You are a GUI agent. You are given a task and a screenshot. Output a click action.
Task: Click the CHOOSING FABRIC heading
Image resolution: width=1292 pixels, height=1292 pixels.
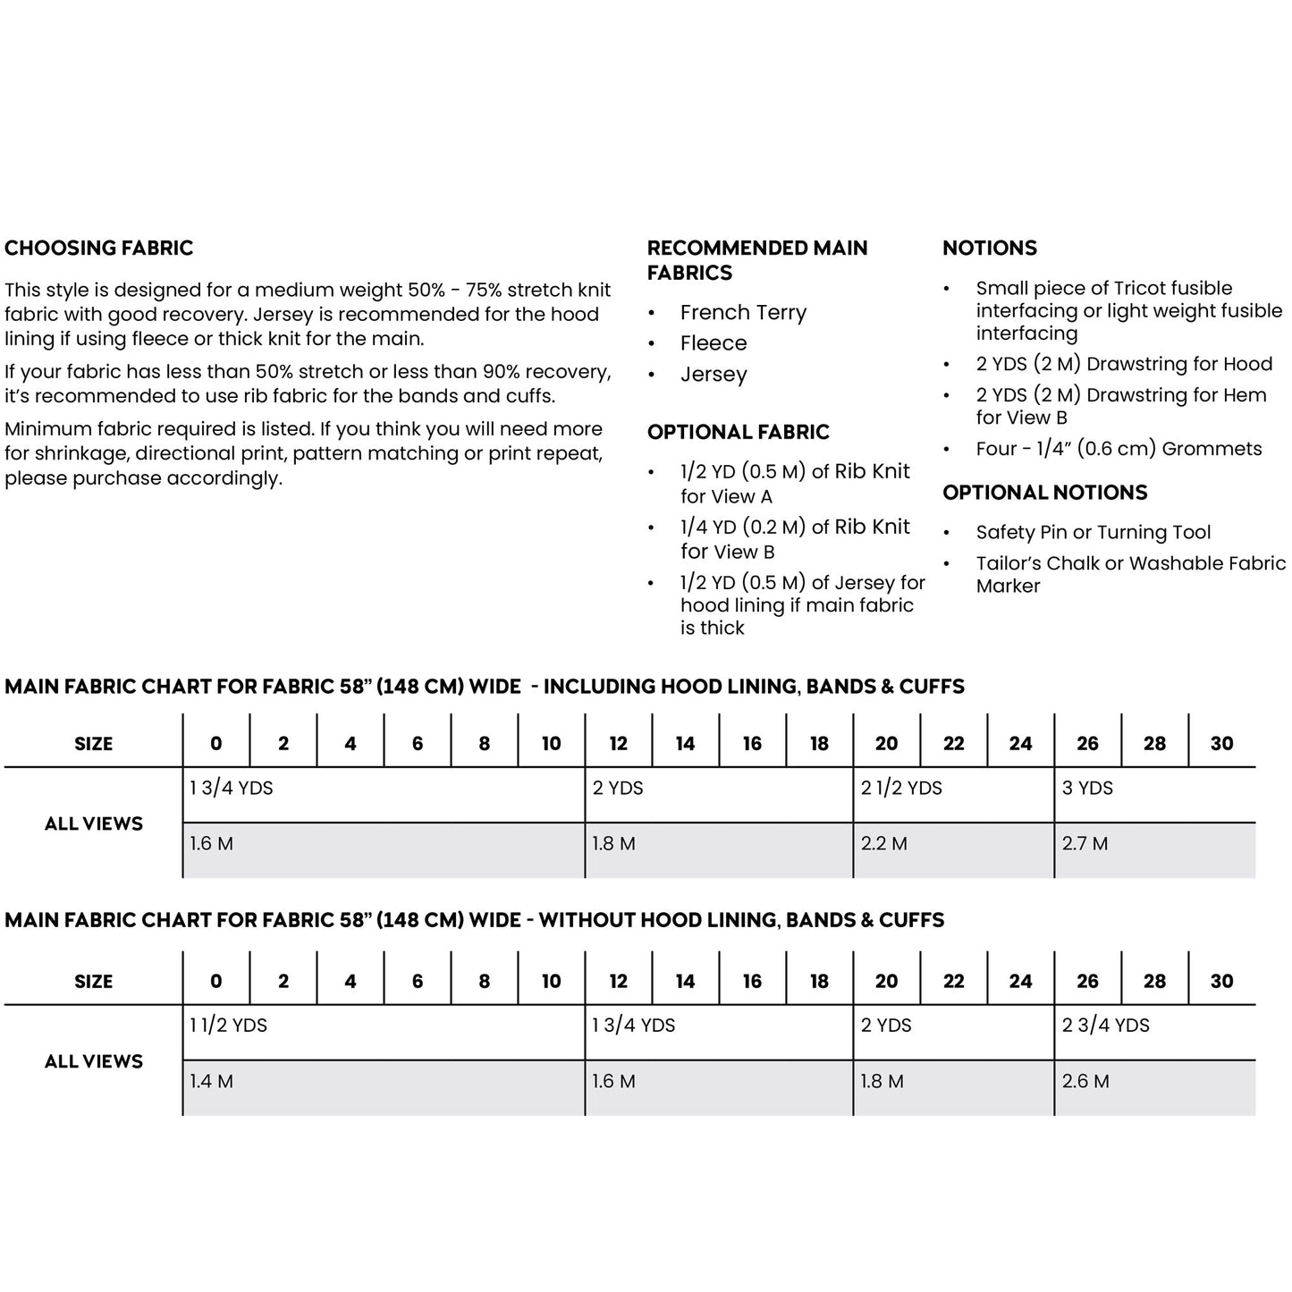click(98, 249)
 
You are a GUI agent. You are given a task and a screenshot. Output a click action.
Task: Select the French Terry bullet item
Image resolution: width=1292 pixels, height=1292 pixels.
click(743, 313)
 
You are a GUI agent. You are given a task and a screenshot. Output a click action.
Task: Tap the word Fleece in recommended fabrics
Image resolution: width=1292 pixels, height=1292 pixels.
click(713, 343)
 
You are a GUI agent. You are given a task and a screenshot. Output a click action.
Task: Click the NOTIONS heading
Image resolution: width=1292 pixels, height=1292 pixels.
click(989, 249)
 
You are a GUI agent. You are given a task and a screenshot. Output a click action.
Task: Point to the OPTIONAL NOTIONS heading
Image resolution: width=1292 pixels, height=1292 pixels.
click(1044, 493)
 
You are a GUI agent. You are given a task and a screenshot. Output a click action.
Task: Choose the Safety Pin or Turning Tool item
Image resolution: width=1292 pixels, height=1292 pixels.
click(1093, 533)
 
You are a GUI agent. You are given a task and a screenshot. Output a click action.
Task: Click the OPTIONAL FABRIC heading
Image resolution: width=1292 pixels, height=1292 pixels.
click(738, 432)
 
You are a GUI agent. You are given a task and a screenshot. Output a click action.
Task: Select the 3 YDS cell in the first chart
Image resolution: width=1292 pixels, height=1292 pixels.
click(1087, 789)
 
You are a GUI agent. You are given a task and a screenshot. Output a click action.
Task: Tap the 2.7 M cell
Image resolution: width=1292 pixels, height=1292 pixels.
click(1085, 844)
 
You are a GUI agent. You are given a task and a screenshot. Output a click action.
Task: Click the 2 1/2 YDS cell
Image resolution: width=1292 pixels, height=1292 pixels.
click(901, 789)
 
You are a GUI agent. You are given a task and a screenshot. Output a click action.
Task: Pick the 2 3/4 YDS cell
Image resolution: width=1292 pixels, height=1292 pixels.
click(1105, 1026)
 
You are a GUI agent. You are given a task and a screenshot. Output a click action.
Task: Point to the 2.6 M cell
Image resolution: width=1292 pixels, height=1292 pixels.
click(1085, 1082)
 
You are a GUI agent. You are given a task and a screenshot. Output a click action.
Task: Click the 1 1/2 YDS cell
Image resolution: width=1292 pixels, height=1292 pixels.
click(228, 1026)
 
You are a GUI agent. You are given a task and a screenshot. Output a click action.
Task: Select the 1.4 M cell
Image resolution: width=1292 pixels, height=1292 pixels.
click(211, 1082)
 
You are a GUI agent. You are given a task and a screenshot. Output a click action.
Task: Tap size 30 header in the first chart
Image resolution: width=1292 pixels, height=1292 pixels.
click(1221, 744)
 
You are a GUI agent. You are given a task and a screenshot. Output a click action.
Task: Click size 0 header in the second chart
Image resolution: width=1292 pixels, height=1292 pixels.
click(215, 982)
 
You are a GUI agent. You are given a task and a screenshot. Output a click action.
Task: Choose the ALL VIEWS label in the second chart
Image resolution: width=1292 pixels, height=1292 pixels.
click(93, 1061)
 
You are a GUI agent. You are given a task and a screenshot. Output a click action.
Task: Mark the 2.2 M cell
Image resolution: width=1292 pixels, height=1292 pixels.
click(883, 844)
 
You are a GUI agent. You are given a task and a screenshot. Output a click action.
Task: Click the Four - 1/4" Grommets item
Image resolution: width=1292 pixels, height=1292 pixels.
click(1118, 449)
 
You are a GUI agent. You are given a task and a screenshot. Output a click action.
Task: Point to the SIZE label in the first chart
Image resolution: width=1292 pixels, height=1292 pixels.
click(93, 744)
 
